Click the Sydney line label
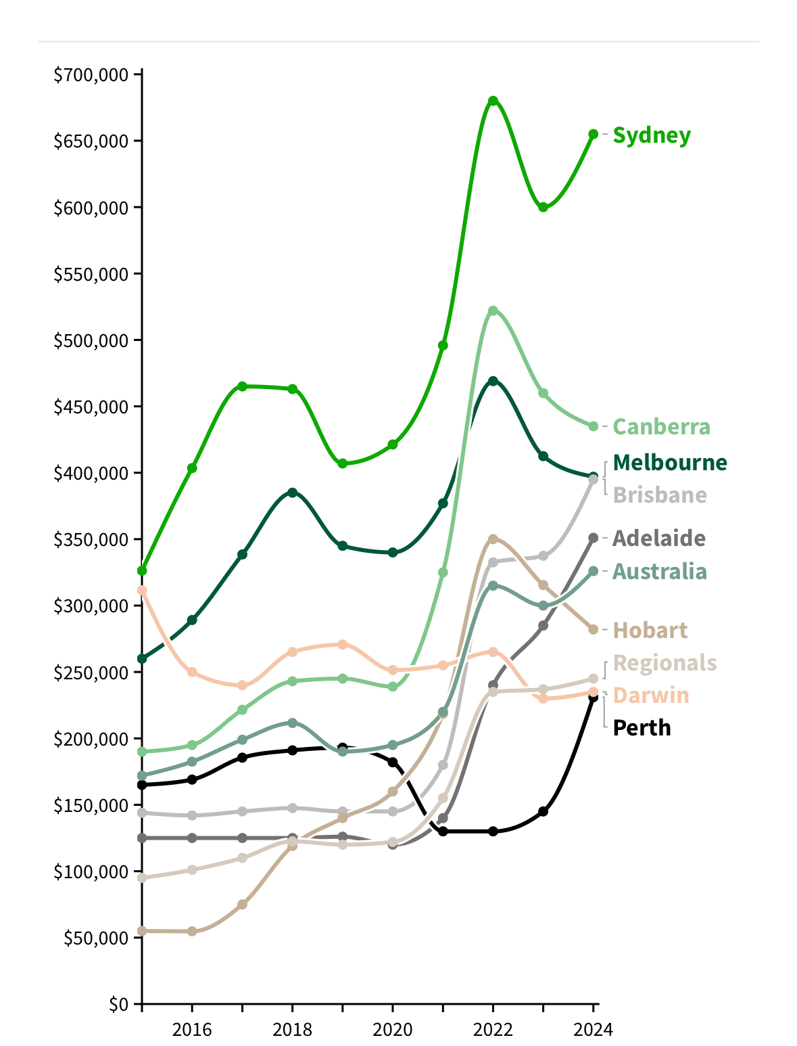coord(652,135)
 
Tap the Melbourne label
coord(670,463)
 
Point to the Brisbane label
coord(660,495)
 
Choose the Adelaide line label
coord(659,539)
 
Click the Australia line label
coord(660,572)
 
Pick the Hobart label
coord(650,631)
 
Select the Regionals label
coord(665,663)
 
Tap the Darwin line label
coord(651,696)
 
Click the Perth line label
coord(642,728)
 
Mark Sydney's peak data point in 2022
coord(493,101)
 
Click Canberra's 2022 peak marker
coord(493,311)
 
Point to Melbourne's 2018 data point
coord(292,493)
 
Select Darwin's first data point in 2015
coord(142,591)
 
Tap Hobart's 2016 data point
coord(192,931)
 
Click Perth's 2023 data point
coord(543,811)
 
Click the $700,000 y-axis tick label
coord(91,74)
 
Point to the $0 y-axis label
coord(118,1004)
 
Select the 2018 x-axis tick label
coord(292,1030)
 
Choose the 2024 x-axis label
coord(593,1030)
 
